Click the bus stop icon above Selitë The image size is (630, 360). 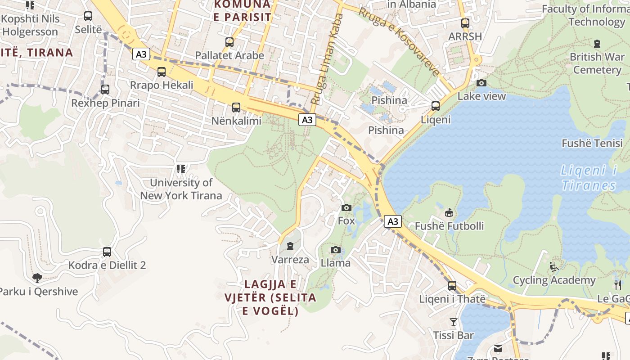tap(88, 17)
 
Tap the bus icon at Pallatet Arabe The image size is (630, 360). tap(229, 43)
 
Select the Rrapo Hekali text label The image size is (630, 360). tap(162, 85)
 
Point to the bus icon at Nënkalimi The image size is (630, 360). tap(236, 108)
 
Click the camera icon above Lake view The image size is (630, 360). tap(481, 83)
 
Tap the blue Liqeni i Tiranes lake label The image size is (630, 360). tap(589, 178)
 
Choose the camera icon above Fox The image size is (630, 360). tap(346, 207)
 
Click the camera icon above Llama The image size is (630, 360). tap(335, 250)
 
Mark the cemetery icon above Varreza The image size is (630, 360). tap(290, 246)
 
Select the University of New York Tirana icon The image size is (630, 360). tap(181, 169)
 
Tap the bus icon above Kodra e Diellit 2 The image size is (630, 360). tap(107, 252)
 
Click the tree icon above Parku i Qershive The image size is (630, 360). tap(37, 278)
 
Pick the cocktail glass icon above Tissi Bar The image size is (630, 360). tap(453, 322)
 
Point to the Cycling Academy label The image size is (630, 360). tap(554, 280)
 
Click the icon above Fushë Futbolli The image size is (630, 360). tap(449, 213)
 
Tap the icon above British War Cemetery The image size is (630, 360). tap(597, 44)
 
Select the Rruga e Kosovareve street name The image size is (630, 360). tap(399, 42)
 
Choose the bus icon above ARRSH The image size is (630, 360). tap(465, 23)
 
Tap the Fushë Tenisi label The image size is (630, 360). tap(592, 144)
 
